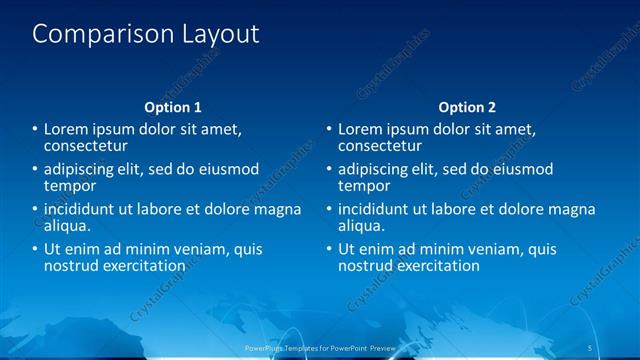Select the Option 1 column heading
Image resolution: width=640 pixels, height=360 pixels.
173,107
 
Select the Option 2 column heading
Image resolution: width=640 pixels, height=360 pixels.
466,107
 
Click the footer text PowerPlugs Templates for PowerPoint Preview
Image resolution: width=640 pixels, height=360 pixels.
319,347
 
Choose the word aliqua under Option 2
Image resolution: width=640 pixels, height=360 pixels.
359,226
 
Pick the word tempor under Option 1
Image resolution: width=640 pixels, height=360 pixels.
70,186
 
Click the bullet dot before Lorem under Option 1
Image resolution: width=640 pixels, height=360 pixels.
34,130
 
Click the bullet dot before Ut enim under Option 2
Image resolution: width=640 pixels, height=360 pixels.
327,249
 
